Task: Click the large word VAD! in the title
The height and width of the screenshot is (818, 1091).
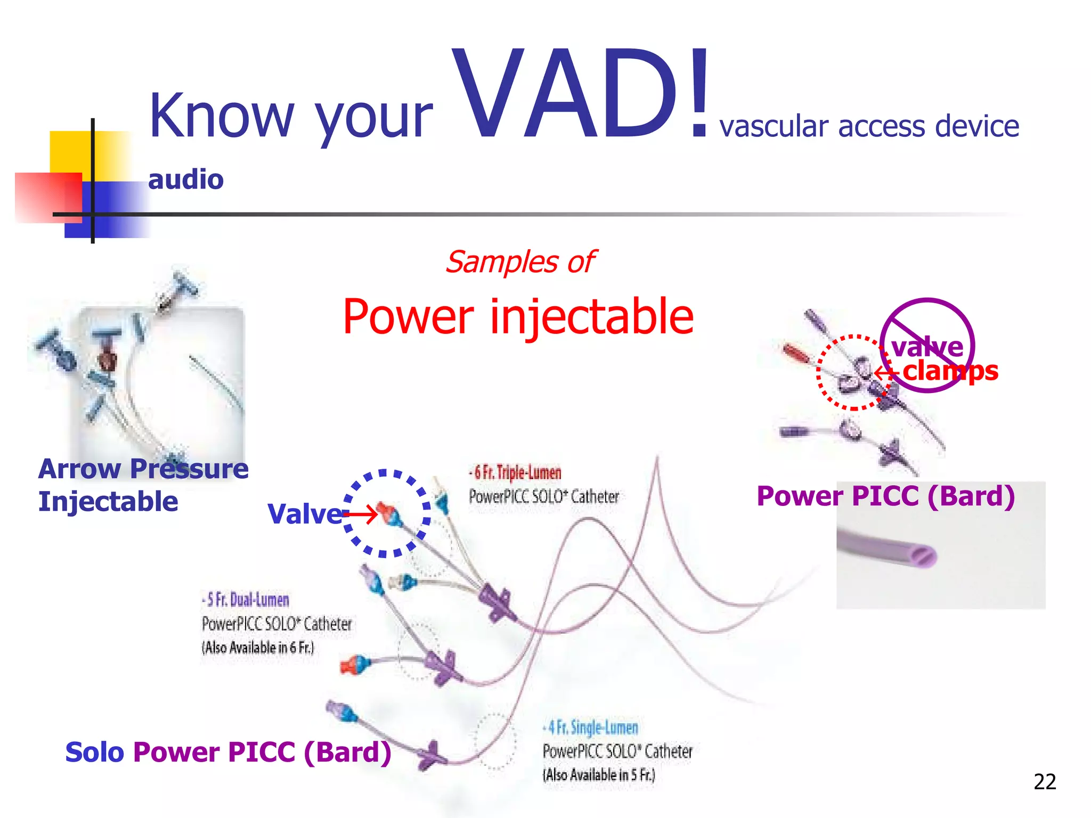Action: coord(581,96)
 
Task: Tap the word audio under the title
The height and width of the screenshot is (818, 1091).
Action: coord(185,179)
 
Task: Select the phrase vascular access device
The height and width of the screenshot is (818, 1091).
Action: coord(869,127)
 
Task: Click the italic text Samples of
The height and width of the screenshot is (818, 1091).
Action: coord(520,262)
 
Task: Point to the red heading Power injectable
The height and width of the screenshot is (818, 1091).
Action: coord(518,317)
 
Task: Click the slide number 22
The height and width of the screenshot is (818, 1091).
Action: coord(1044,782)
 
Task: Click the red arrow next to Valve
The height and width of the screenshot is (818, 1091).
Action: coord(361,514)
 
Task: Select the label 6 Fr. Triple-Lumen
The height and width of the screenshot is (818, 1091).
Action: coord(516,472)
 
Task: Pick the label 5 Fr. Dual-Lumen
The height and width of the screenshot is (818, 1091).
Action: coord(246,600)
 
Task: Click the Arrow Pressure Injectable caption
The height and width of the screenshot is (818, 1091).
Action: coord(143,485)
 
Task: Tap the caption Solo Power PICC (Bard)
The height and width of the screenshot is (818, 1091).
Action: coord(228,752)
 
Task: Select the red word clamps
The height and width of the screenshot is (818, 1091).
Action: coord(950,371)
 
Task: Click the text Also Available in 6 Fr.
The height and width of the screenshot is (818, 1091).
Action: coord(258,648)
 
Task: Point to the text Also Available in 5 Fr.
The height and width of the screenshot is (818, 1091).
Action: coord(599,775)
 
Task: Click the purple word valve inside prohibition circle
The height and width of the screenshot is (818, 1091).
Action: coord(927,347)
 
